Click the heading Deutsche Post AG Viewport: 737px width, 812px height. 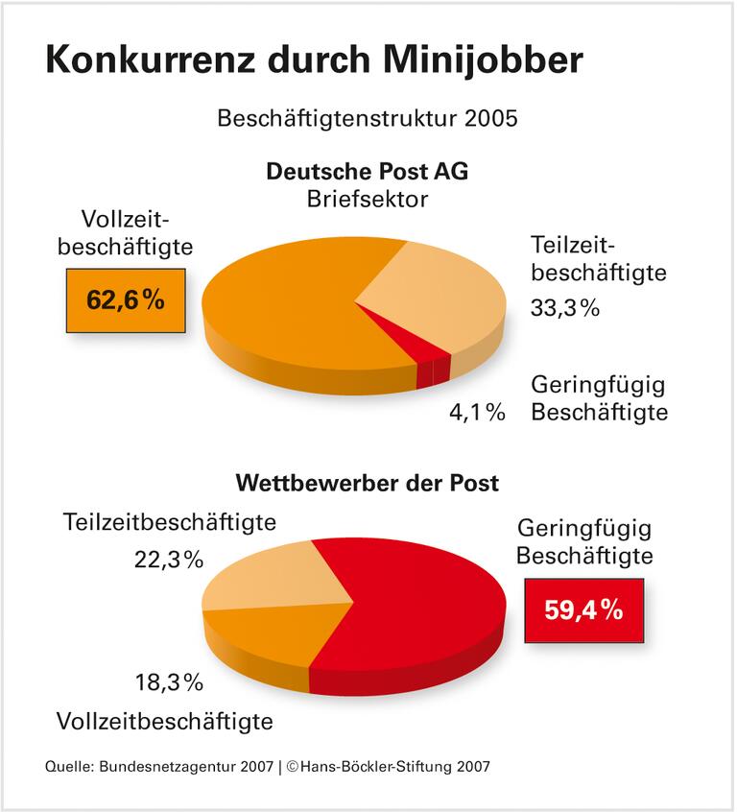point(368,173)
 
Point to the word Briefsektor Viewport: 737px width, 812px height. point(368,199)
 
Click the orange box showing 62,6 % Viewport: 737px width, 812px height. point(126,300)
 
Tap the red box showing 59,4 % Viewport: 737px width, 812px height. point(583,610)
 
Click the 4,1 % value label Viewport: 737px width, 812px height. point(477,413)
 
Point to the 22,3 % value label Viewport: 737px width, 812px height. point(169,560)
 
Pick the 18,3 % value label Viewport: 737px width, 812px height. point(169,682)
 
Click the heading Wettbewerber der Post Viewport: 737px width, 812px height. point(368,482)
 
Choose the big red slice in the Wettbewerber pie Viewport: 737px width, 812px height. point(422,605)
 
